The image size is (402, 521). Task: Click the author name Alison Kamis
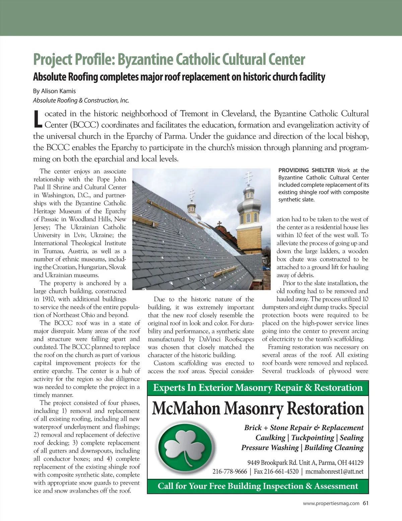[x=58, y=91]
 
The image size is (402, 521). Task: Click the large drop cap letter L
[x=38, y=119]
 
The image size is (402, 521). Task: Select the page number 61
[x=365, y=503]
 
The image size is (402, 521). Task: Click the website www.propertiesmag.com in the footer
[x=331, y=503]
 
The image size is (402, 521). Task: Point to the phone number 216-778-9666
[x=229, y=472]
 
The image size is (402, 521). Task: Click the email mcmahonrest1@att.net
[x=334, y=472]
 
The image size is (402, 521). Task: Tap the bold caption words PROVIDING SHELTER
[x=306, y=170]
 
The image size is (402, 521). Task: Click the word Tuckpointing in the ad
[x=313, y=438]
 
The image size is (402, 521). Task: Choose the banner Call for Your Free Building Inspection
[x=258, y=486]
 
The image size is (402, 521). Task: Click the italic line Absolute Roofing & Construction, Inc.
[x=81, y=100]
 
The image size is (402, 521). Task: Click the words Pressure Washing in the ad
[x=270, y=448]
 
